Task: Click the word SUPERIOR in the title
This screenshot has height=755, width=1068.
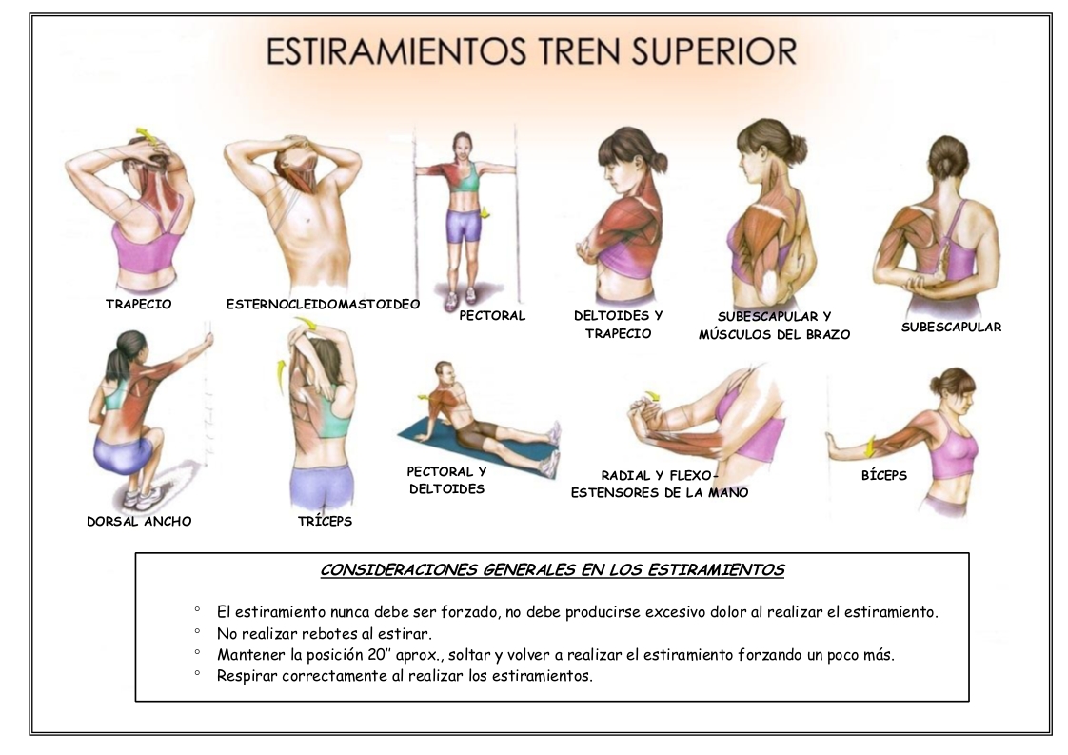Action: [708, 51]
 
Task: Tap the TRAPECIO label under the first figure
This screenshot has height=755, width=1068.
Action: [138, 304]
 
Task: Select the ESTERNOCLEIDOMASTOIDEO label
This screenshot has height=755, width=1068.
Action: [323, 304]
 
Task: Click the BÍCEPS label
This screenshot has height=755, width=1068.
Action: [884, 475]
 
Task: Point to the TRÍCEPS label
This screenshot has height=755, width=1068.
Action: [325, 522]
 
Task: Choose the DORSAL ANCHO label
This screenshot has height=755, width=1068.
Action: [139, 522]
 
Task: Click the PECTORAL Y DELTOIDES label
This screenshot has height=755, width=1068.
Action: [446, 480]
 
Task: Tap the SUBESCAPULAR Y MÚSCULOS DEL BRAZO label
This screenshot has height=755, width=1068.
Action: [775, 325]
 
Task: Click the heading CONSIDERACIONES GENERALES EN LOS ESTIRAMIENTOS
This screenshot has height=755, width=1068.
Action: [552, 570]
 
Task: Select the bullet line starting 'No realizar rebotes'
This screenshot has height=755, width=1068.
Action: [325, 634]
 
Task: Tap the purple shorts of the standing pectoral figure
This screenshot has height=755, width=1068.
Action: [465, 227]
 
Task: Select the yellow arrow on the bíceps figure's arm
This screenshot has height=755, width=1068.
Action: [869, 448]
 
